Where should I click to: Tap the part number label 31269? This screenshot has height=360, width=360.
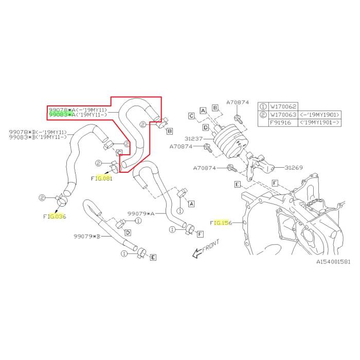[x=295, y=167]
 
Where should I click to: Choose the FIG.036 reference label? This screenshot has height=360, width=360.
[x=55, y=217]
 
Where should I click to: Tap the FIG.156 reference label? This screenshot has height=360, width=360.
[x=222, y=223]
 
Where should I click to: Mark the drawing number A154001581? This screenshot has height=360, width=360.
[x=333, y=262]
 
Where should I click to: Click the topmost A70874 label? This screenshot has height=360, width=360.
[x=238, y=103]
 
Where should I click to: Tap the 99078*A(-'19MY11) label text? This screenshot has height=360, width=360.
[x=77, y=110]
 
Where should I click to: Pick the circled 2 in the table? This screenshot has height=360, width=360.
[x=263, y=115]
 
